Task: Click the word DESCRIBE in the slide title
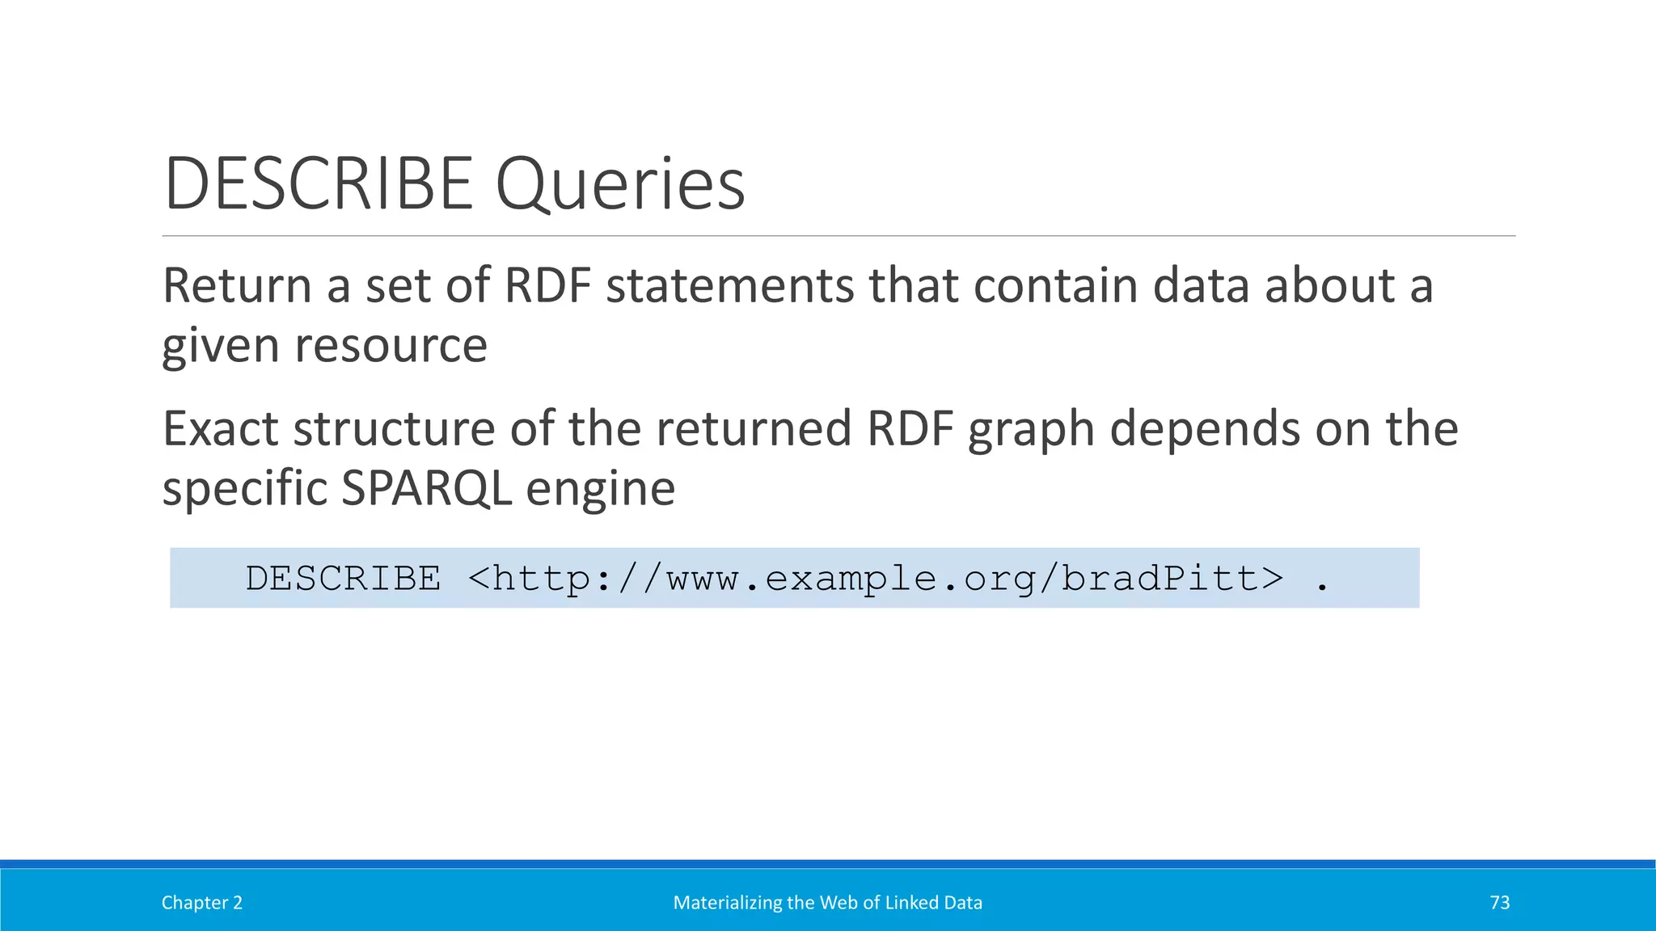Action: tap(319, 184)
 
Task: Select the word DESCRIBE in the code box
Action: tap(344, 579)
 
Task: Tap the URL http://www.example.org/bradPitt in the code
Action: tap(875, 579)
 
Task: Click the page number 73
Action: tap(1499, 903)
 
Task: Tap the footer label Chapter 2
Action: tap(202, 903)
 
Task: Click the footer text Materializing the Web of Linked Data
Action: tap(827, 903)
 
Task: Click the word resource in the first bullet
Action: tap(391, 346)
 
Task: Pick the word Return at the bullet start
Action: tap(237, 286)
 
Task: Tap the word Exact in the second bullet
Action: tap(221, 428)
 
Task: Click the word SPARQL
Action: tap(427, 488)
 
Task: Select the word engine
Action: tap(601, 490)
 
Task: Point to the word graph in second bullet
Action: tap(1031, 430)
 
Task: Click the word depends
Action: tap(1205, 430)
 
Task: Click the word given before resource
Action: tap(221, 346)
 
